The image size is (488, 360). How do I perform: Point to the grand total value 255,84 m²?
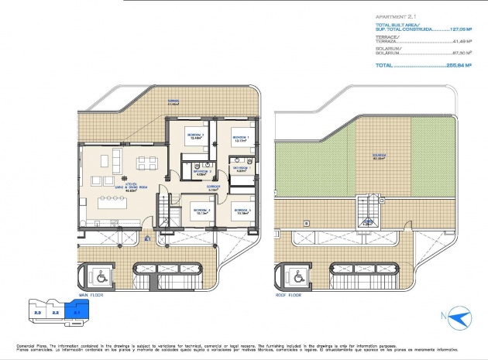click(462, 67)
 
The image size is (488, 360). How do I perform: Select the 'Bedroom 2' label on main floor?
click(242, 210)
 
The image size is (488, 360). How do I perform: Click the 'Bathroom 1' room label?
click(240, 170)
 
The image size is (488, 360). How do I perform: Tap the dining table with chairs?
click(144, 163)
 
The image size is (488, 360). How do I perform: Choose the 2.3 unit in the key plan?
click(36, 313)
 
